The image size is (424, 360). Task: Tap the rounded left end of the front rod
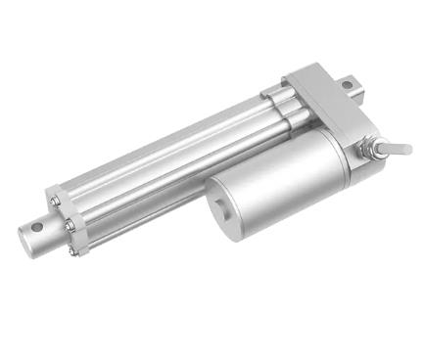(24, 232)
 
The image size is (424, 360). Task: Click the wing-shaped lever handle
(398, 148)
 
